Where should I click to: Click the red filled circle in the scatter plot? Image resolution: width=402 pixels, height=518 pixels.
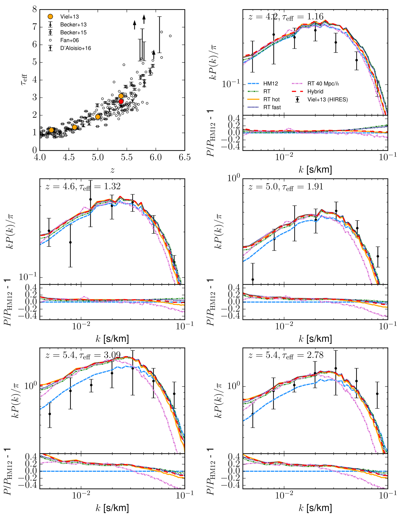pos(121,101)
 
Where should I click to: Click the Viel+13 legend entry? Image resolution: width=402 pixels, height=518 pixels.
pos(69,17)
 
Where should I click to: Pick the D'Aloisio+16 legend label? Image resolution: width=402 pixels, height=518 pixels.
pos(75,48)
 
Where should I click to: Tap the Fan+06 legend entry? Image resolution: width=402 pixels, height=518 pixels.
pos(69,41)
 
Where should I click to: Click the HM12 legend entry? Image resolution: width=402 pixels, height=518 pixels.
pos(270,84)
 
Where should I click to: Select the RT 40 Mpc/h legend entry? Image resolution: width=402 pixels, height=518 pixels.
pos(323,84)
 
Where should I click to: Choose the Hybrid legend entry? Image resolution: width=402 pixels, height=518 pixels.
pos(315,92)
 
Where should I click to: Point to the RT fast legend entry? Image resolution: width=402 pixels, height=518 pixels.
pos(272,107)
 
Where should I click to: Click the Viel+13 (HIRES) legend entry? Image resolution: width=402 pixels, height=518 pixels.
pos(327,99)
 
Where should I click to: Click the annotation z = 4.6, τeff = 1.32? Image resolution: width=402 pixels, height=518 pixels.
pos(83,187)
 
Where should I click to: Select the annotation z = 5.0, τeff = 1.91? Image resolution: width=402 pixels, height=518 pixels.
pos(286,187)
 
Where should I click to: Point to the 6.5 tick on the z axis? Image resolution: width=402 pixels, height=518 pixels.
pos(184,158)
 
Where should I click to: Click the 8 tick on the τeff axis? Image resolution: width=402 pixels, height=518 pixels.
pos(35,10)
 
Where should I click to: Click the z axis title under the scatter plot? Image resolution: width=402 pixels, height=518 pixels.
pos(112,170)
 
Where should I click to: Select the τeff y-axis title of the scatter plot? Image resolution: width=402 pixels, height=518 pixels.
pos(24,80)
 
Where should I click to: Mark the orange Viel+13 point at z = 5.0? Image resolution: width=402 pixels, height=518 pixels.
pos(98,117)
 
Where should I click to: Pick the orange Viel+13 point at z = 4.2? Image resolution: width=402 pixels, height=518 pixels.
pos(51,130)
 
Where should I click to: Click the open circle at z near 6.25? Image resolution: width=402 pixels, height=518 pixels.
pos(170,36)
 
